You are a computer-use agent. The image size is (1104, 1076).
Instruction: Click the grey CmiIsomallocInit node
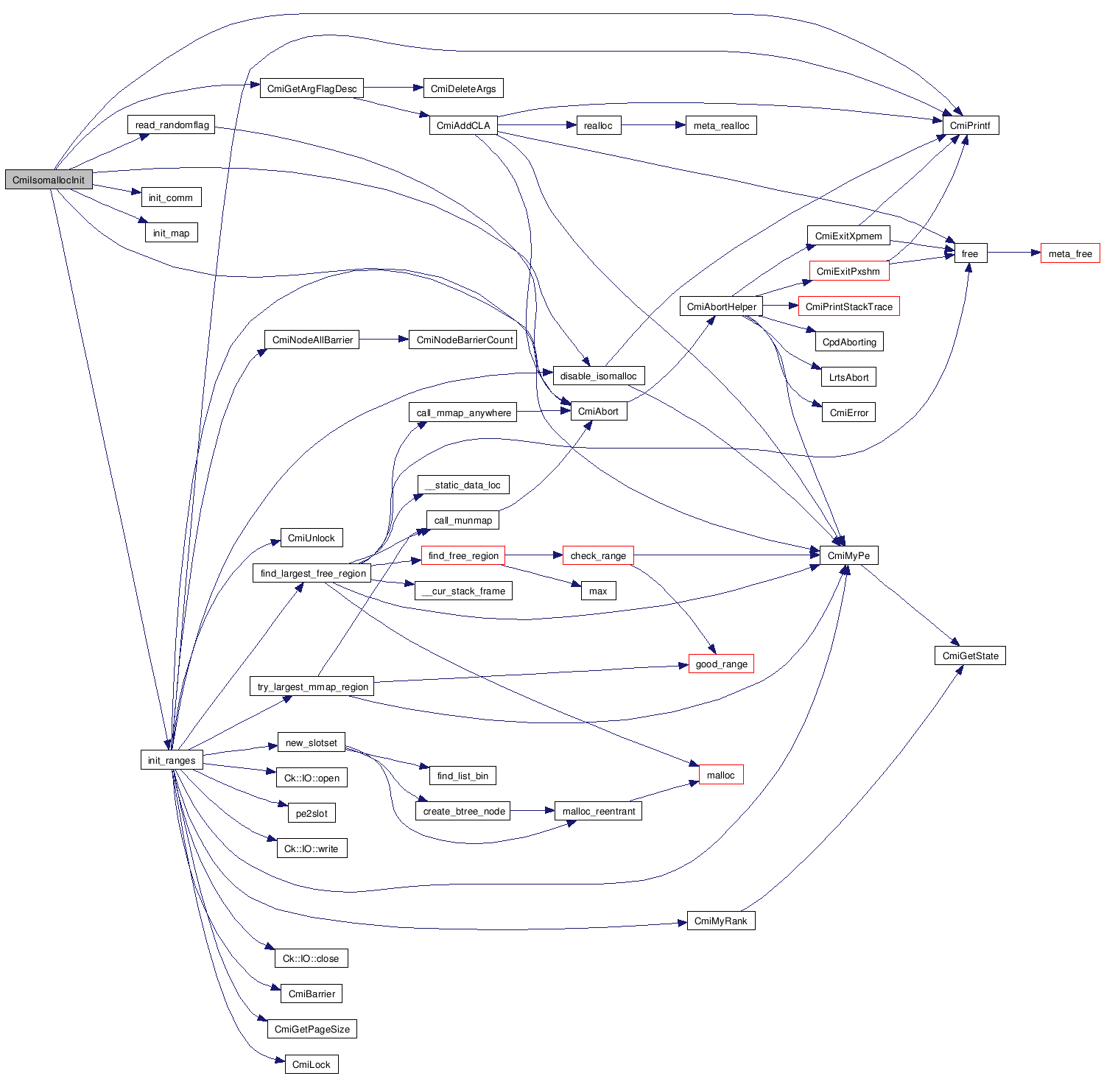click(x=49, y=180)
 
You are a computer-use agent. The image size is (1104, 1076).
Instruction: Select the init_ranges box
click(x=172, y=760)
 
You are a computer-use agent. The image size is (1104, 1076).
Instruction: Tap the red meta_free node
click(x=1070, y=253)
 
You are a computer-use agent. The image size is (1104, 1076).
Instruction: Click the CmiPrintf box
click(x=970, y=125)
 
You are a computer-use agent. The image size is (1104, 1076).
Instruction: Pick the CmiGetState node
click(x=970, y=655)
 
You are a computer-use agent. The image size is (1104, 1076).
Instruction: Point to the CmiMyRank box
click(x=720, y=921)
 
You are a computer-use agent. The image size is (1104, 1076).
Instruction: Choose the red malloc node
click(x=720, y=775)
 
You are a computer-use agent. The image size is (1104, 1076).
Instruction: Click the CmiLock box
click(x=312, y=1064)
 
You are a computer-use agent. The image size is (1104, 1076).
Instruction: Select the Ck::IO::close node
click(x=311, y=958)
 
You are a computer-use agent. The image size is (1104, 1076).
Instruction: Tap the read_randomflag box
click(x=172, y=124)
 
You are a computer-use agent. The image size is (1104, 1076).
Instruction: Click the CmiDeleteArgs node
click(x=463, y=88)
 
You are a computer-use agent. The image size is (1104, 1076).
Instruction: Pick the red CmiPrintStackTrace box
click(x=848, y=306)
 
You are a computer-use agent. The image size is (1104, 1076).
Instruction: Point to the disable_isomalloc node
click(x=598, y=376)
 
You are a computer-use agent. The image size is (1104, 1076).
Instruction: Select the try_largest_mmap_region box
click(x=312, y=686)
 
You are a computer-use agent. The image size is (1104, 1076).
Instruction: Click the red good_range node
click(x=721, y=664)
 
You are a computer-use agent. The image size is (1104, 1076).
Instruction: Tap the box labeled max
click(x=598, y=591)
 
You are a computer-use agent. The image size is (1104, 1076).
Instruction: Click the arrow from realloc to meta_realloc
click(x=653, y=125)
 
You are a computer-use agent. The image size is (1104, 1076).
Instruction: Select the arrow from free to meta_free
click(x=1013, y=253)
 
